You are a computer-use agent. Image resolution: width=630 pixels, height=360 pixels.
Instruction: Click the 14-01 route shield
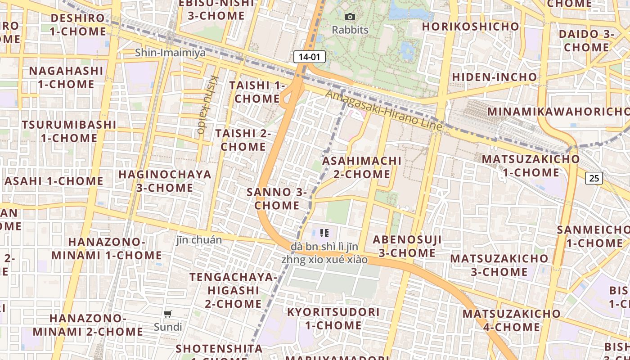[309, 57]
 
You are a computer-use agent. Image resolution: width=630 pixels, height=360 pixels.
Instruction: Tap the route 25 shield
[594, 178]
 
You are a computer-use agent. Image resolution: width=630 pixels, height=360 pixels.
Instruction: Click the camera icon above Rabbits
[350, 17]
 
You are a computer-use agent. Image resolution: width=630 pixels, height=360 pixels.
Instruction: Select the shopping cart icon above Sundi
[168, 314]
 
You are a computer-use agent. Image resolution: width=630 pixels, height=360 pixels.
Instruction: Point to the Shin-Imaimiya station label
[170, 53]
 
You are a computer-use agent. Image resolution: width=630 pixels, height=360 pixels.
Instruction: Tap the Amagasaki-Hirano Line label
[383, 111]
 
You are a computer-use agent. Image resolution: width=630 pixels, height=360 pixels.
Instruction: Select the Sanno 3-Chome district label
[277, 198]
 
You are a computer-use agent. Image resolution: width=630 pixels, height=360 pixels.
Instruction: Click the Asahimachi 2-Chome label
[362, 167]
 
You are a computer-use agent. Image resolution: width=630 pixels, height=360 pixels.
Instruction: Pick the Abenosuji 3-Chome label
[407, 246]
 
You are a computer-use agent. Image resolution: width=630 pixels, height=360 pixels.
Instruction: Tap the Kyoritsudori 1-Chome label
[333, 318]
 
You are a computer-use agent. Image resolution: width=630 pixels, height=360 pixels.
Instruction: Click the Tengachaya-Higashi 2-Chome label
[233, 290]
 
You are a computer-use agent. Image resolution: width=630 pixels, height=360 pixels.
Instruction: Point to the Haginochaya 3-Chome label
[164, 180]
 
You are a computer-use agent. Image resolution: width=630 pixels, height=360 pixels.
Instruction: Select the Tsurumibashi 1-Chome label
[69, 131]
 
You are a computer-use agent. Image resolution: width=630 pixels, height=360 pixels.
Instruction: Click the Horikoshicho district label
[471, 27]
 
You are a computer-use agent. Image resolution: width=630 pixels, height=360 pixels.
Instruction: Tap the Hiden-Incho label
[495, 77]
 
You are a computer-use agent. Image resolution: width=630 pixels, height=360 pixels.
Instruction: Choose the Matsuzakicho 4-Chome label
[512, 319]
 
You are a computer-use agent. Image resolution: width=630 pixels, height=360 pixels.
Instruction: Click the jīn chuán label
[199, 240]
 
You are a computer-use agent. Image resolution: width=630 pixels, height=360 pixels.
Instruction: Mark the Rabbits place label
[350, 30]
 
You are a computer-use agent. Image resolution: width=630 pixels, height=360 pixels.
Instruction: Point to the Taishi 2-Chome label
[243, 139]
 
